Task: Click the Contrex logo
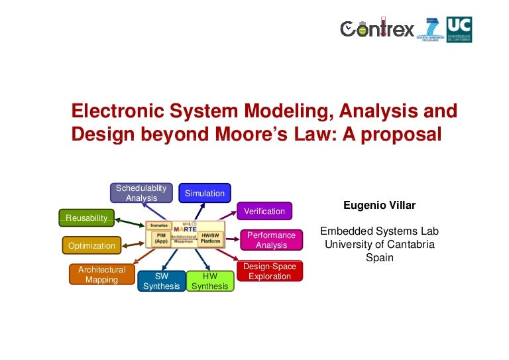pos(377,29)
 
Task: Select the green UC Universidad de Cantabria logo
pos(459,29)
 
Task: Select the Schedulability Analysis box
pos(141,193)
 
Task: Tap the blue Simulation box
pos(204,193)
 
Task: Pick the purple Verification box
pos(264,211)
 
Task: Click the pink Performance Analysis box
pos(271,240)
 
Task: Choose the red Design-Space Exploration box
pos(270,271)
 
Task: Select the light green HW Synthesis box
pos(209,281)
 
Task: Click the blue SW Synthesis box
pos(161,281)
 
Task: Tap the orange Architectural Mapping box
pos(101,274)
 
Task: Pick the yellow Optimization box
pos(91,245)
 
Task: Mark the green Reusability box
pos(86,217)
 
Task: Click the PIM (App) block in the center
pos(160,239)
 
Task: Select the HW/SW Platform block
pos(211,239)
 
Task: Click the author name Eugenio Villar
pos(379,206)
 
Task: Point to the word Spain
pos(379,257)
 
